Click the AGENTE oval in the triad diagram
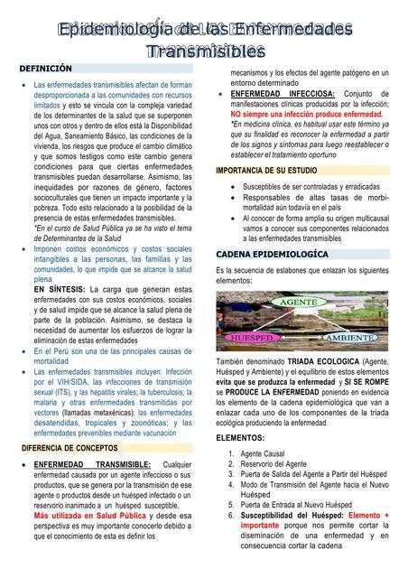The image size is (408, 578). coord(298,301)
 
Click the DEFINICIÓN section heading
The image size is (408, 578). coord(46,69)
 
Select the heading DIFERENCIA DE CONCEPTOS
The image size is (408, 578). coord(71,447)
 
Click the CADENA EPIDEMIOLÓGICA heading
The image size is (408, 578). coord(272,255)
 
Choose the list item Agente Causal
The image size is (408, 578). coord(263,453)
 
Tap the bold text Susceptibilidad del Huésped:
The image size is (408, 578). coord(292,515)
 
